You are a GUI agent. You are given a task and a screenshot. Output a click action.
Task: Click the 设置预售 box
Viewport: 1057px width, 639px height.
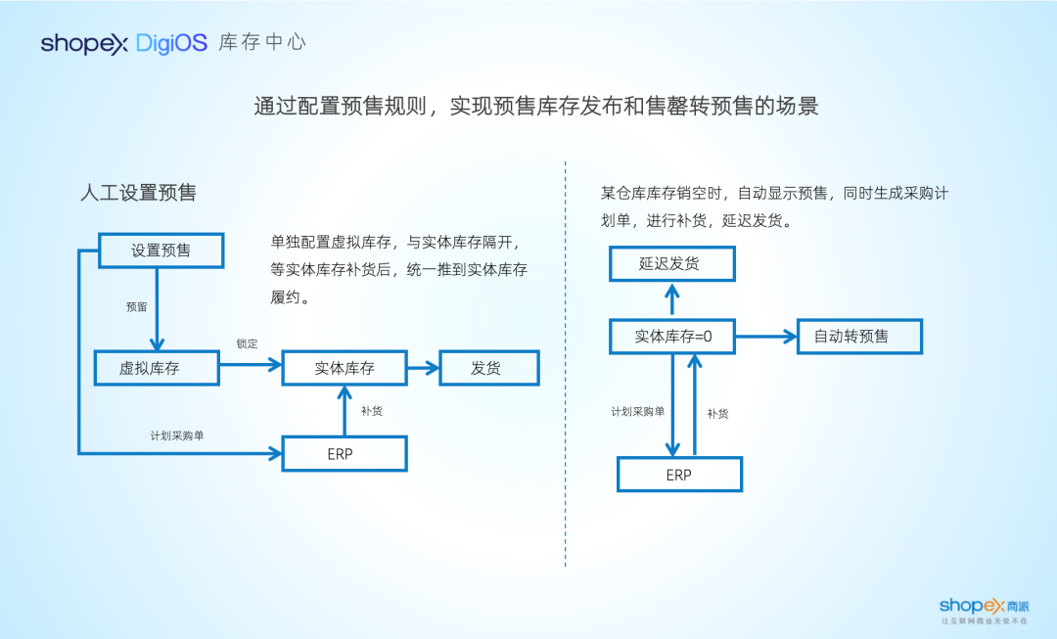161,251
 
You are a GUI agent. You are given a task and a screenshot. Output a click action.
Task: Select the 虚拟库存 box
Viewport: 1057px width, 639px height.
157,368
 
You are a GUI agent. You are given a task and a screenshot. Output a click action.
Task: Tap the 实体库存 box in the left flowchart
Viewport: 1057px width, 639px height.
345,368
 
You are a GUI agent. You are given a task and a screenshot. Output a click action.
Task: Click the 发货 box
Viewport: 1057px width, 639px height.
488,368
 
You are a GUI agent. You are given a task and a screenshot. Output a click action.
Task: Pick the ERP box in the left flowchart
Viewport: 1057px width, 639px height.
345,454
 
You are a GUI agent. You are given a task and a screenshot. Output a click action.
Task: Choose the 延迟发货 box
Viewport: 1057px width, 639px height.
671,264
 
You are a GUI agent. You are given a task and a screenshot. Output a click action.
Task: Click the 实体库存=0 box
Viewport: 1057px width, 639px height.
671,337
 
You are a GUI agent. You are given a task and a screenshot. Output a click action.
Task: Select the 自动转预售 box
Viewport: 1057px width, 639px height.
859,337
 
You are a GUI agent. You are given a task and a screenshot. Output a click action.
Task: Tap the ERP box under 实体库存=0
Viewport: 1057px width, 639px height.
679,475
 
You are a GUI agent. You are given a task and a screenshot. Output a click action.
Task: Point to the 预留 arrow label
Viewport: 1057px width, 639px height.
136,306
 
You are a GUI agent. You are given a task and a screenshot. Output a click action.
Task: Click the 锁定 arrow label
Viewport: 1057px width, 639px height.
247,343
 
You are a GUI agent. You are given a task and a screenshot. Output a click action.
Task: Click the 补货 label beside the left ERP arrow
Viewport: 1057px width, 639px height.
371,411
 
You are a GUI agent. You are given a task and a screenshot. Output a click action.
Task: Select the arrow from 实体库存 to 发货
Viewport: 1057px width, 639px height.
423,368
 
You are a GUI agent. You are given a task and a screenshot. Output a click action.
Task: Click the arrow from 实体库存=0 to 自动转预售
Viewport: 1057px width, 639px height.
766,337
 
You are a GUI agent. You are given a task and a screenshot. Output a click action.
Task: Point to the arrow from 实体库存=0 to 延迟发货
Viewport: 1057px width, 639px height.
671,300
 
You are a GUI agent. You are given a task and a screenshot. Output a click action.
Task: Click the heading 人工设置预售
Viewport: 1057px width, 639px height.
138,193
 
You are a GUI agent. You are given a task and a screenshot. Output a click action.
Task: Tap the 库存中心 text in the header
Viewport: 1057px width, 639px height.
262,43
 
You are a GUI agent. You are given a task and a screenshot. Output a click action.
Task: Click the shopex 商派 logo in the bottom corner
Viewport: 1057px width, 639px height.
984,610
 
